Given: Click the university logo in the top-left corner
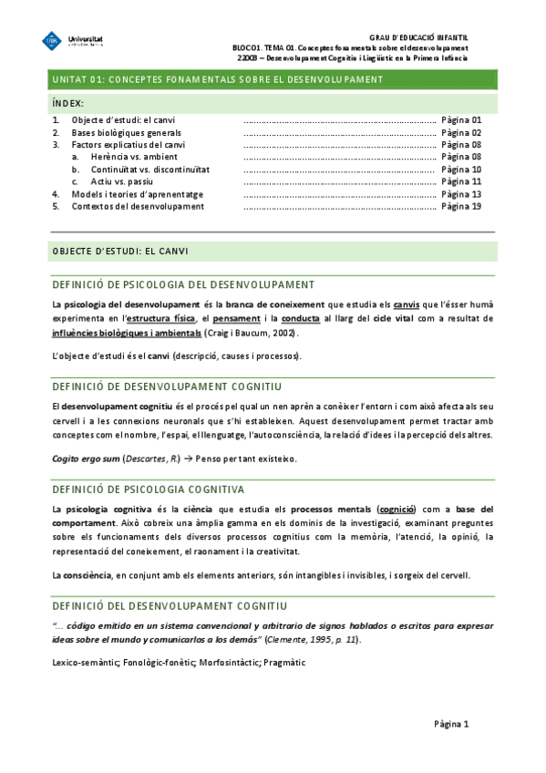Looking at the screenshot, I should pyautogui.click(x=73, y=42).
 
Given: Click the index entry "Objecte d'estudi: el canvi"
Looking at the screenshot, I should pyautogui.click(x=124, y=120).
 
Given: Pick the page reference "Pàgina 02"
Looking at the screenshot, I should pyautogui.click(x=460, y=132).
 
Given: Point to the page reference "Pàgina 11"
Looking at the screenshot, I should pyautogui.click(x=460, y=181).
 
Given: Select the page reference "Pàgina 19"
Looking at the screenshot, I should pyautogui.click(x=460, y=206).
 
